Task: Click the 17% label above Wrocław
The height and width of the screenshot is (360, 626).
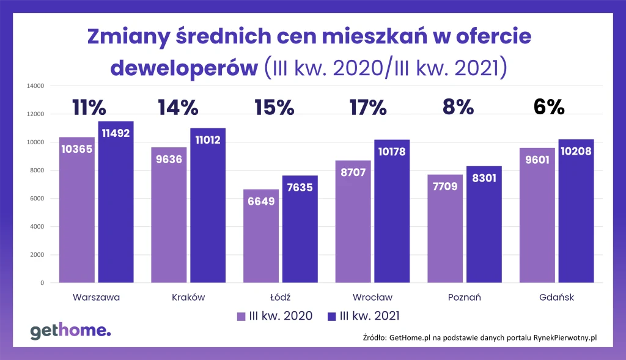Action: coord(368,108)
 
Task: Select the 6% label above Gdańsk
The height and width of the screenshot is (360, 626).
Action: coord(548,107)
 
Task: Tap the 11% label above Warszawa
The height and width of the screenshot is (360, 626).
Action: coord(89,108)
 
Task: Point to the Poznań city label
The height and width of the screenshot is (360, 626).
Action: coord(465,298)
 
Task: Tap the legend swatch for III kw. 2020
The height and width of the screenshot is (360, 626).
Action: coord(241,317)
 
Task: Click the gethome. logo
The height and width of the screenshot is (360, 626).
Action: coord(70,331)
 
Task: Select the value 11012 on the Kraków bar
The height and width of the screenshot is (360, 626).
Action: coord(208,140)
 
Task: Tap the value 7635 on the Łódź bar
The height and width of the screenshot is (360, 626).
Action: coord(300,188)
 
